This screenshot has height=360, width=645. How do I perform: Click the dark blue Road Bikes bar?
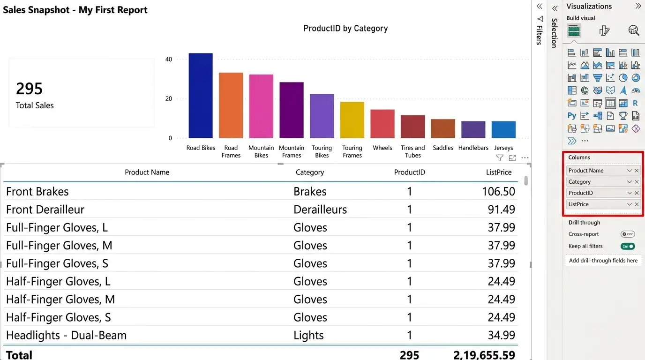pyautogui.click(x=201, y=96)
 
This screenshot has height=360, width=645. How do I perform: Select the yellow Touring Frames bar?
pyautogui.click(x=352, y=120)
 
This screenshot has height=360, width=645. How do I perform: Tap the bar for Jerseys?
pyautogui.click(x=503, y=129)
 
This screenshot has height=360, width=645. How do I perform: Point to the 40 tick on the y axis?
pyautogui.click(x=169, y=60)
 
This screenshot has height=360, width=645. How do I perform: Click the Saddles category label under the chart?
pyautogui.click(x=443, y=148)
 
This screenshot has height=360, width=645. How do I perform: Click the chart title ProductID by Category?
pyautogui.click(x=345, y=28)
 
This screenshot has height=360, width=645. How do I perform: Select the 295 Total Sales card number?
pyautogui.click(x=30, y=89)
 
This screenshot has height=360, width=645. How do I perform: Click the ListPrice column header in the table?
pyautogui.click(x=499, y=172)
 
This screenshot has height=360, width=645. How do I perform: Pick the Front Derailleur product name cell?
pyautogui.click(x=45, y=210)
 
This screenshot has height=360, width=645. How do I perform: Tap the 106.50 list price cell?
pyautogui.click(x=498, y=192)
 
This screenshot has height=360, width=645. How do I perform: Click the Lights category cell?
pyautogui.click(x=308, y=335)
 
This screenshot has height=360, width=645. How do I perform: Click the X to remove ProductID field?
pyautogui.click(x=637, y=193)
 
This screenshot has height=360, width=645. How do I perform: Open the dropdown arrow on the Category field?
pyautogui.click(x=630, y=182)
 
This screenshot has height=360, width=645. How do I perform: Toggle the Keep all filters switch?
pyautogui.click(x=628, y=246)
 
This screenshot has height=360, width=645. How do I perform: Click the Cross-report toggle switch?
pyautogui.click(x=628, y=234)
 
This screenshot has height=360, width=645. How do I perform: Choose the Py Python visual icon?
pyautogui.click(x=572, y=116)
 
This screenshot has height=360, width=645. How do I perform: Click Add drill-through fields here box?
pyautogui.click(x=603, y=260)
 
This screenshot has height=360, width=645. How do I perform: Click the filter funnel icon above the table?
pyautogui.click(x=500, y=158)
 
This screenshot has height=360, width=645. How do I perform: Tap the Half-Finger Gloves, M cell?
pyautogui.click(x=60, y=299)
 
